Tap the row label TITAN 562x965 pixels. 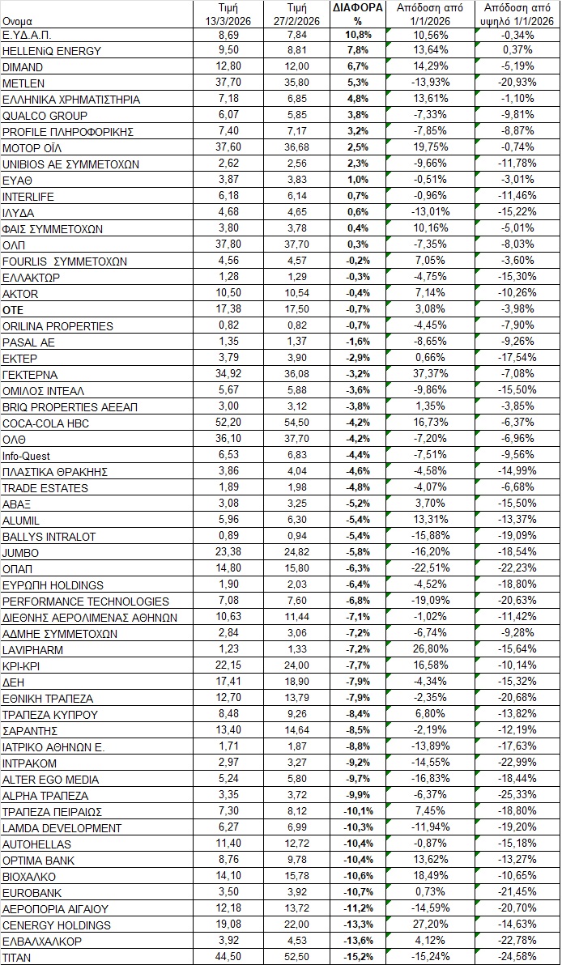(x=16, y=958)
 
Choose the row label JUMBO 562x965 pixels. (x=20, y=553)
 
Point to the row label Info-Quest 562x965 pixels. (x=26, y=456)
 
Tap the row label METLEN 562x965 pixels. (x=23, y=83)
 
